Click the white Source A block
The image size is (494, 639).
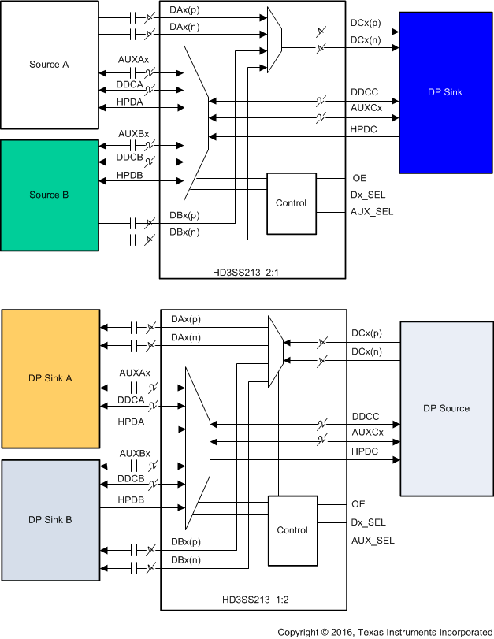[50, 65]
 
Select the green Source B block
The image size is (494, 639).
[50, 195]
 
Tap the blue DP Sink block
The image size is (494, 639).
[444, 92]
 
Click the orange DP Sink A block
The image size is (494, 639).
[50, 378]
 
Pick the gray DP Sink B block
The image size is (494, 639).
[50, 520]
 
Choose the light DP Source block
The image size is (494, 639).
[446, 408]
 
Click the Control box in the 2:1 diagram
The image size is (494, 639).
[291, 203]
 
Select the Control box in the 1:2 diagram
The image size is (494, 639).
[292, 530]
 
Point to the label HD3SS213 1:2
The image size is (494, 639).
[252, 602]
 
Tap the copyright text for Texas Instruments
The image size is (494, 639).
[384, 632]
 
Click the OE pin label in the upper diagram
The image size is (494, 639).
[358, 178]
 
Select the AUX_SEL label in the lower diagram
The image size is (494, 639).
[373, 541]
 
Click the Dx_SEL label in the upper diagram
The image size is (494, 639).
[368, 195]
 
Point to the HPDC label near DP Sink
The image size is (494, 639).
[364, 128]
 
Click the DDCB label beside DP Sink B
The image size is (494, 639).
[132, 479]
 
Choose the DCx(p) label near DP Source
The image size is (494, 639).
[367, 334]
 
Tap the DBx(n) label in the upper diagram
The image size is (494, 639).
[185, 232]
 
